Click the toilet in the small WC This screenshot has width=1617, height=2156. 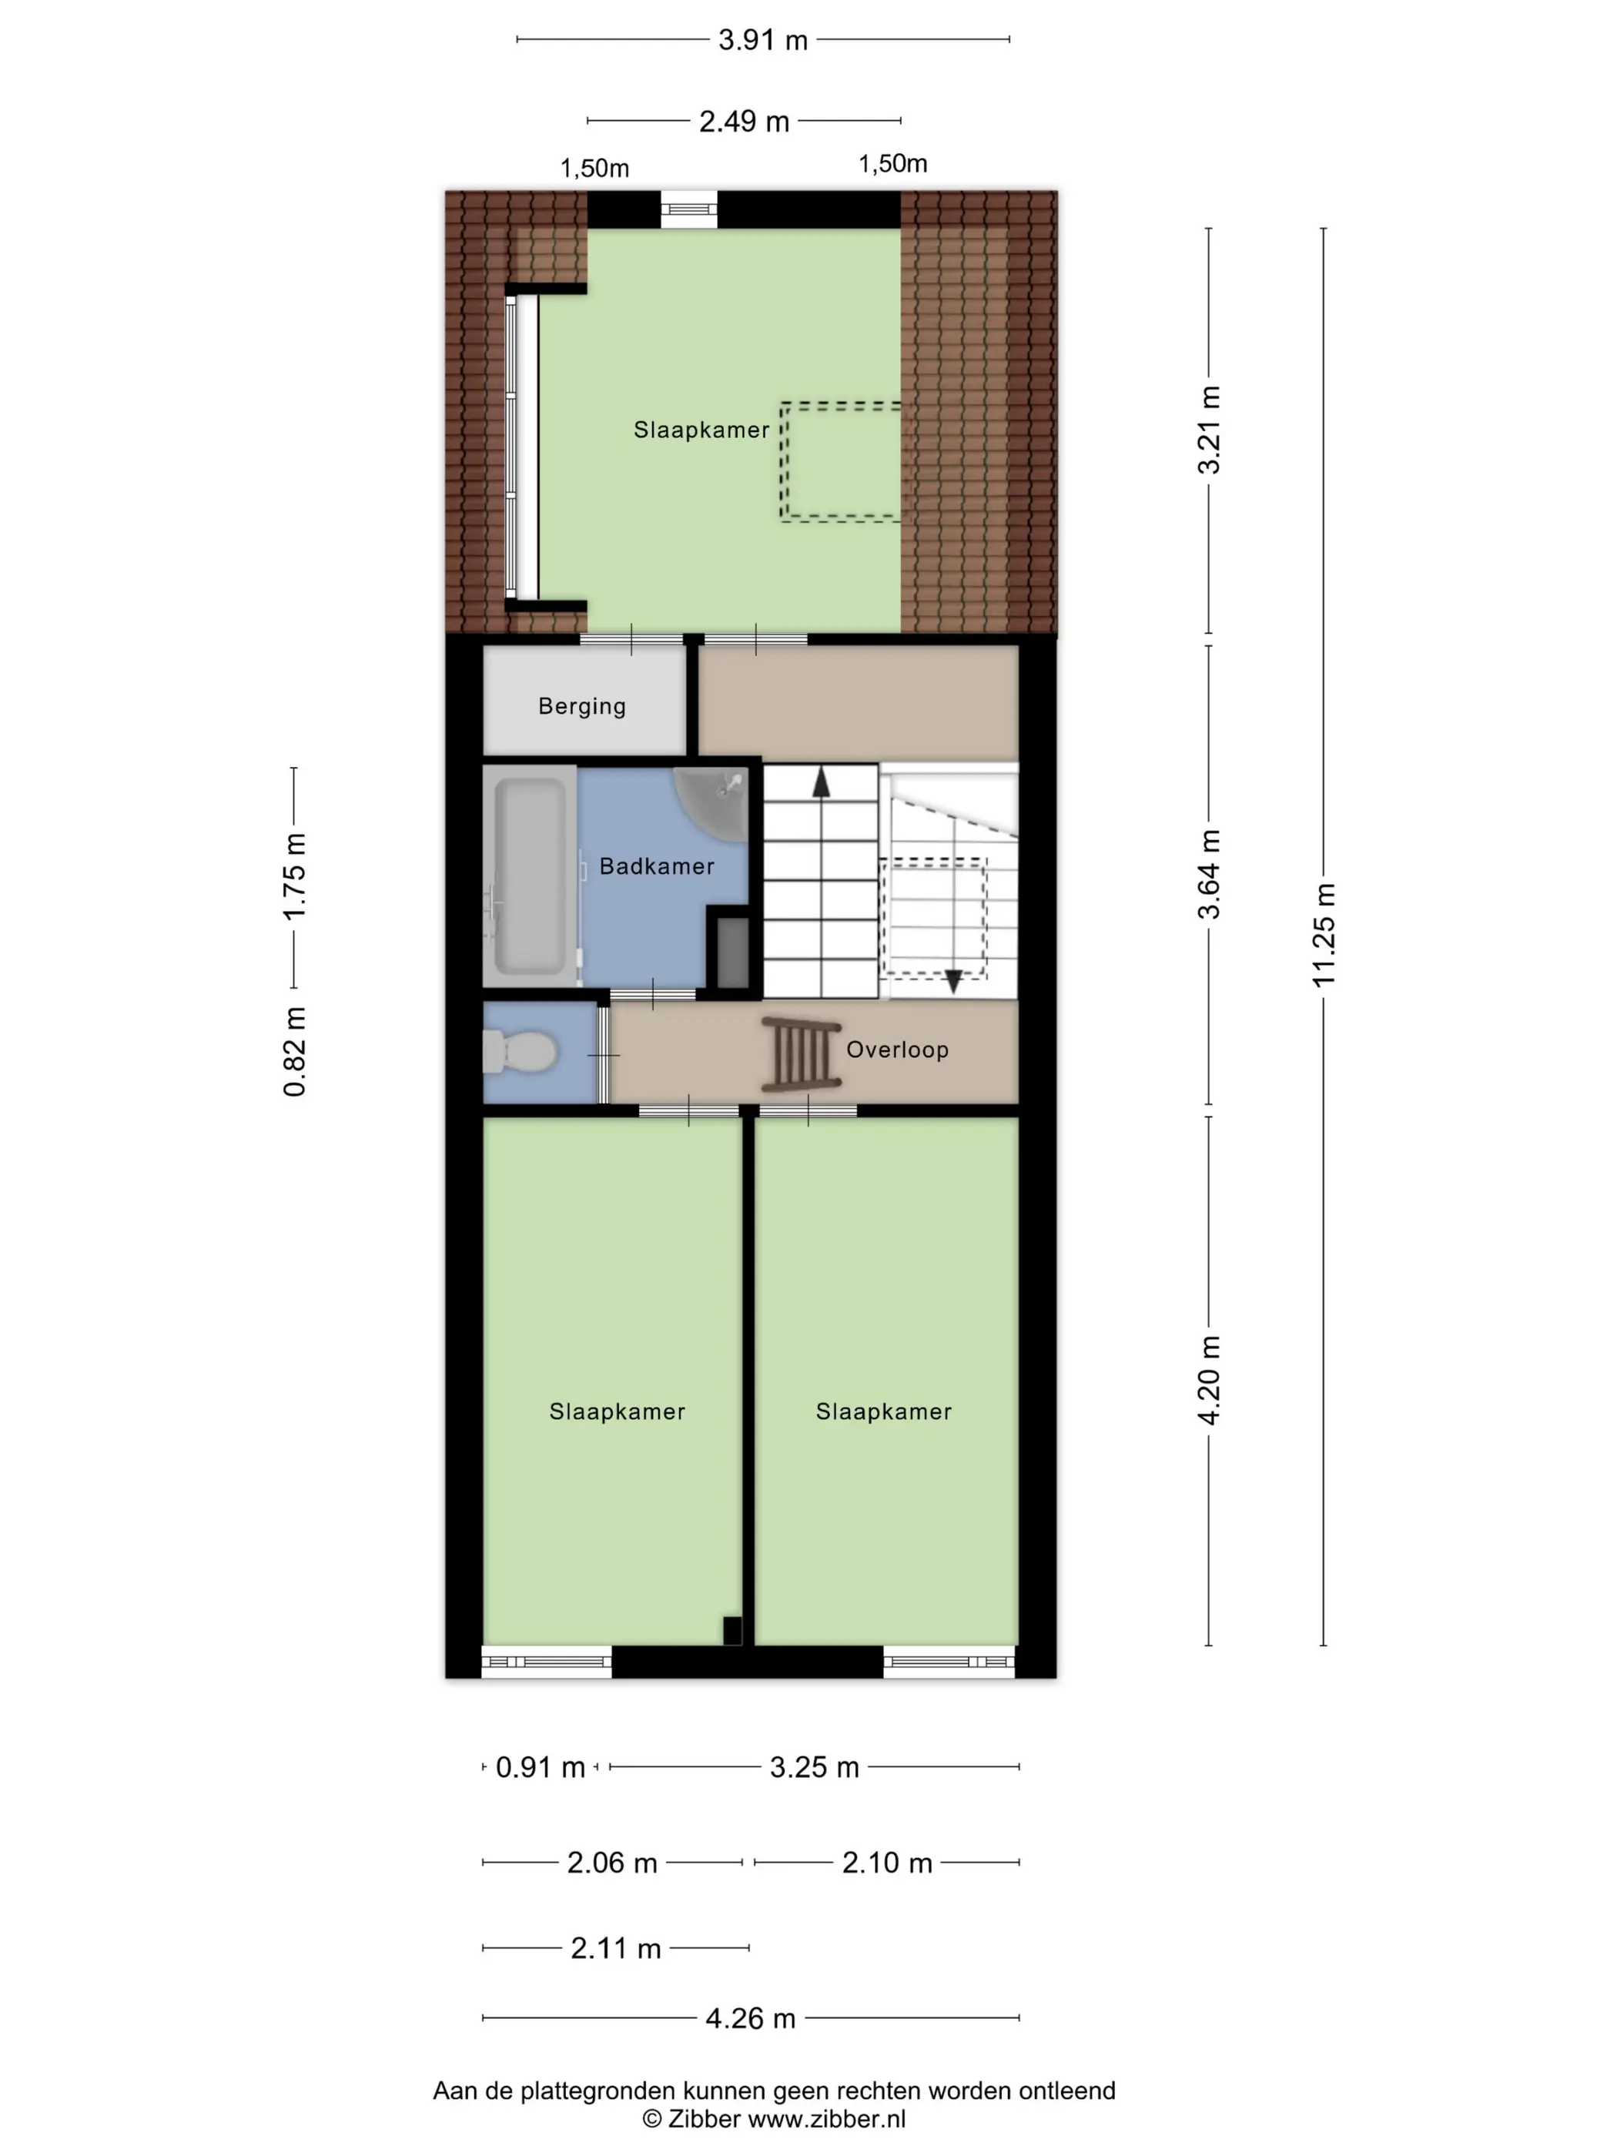[520, 1053]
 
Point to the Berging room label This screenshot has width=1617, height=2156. [582, 707]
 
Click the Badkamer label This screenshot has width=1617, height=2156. [656, 865]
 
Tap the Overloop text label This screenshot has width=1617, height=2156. [897, 1050]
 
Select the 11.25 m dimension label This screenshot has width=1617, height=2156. [1323, 935]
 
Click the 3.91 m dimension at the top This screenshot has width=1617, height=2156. [763, 40]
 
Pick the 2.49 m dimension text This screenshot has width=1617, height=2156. [744, 121]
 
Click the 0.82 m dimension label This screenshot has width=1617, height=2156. [294, 1052]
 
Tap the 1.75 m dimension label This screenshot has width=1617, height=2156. [294, 876]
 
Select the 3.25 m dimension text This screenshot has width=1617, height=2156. [814, 1767]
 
